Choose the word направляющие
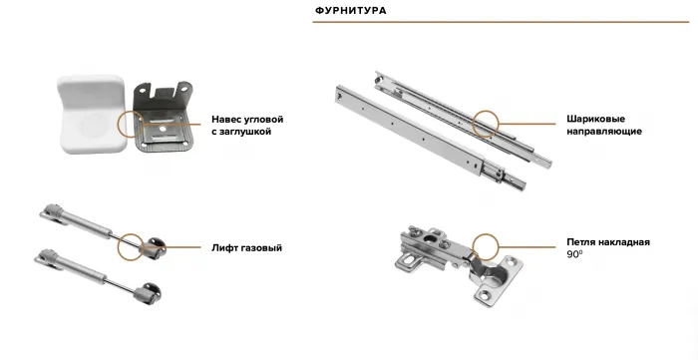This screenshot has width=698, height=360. click(603, 131)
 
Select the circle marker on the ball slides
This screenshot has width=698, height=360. click(488, 124)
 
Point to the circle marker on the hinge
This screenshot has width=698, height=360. click(486, 248)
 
